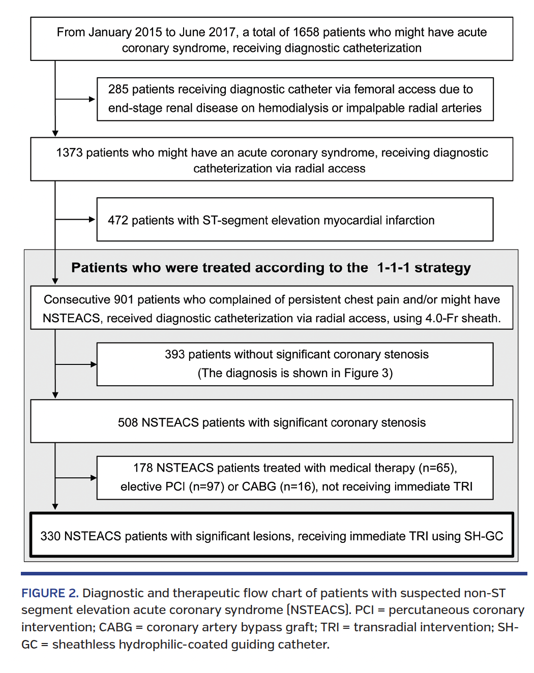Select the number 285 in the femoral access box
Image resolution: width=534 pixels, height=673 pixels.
[x=118, y=89]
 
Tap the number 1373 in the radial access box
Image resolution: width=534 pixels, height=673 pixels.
[x=69, y=153]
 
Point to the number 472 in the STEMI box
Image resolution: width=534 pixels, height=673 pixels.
[x=118, y=221]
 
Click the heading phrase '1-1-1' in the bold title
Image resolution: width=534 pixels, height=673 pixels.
[x=393, y=268]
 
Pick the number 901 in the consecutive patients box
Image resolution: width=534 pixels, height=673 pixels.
[x=124, y=300]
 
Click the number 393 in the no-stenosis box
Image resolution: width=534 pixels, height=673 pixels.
[x=174, y=355]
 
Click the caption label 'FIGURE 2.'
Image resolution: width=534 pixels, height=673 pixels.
[x=50, y=594]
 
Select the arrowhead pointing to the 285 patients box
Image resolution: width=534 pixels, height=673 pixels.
[x=93, y=99]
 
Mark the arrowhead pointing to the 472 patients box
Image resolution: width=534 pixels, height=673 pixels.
[x=93, y=220]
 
